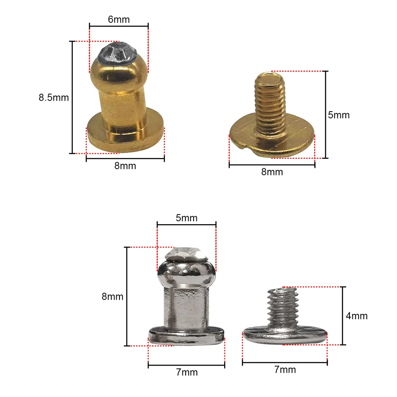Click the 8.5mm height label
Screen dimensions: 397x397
point(53,98)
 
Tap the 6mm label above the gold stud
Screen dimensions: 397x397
point(119,19)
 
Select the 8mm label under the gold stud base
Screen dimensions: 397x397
point(125,166)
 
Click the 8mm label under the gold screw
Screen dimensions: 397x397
point(272,172)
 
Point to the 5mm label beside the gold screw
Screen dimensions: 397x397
point(339,115)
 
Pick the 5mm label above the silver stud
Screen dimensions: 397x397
point(187,218)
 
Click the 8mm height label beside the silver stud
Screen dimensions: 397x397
point(112,297)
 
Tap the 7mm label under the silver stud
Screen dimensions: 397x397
point(187,372)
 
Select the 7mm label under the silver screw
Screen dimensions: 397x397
point(285,370)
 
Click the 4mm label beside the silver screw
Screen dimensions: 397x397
point(356,316)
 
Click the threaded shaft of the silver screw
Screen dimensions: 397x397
point(283,306)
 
